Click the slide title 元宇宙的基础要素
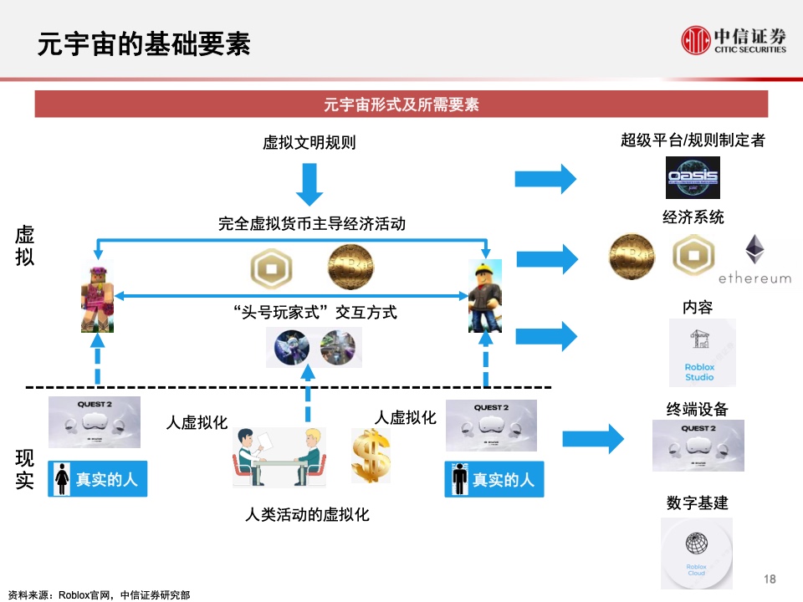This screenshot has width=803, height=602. click(143, 43)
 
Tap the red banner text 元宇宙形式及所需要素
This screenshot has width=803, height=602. click(401, 105)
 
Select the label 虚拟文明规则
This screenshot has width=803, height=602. click(309, 142)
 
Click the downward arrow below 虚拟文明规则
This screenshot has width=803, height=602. click(309, 184)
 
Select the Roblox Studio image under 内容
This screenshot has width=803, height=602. click(702, 352)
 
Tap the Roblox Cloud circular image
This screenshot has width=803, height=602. click(696, 553)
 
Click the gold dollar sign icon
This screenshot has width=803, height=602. click(370, 456)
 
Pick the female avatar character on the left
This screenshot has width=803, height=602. click(96, 295)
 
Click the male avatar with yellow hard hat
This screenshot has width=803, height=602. click(484, 295)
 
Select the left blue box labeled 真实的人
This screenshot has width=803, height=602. click(97, 479)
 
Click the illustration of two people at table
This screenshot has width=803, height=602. click(279, 457)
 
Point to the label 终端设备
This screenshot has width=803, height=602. click(697, 409)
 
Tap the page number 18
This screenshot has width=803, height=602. click(770, 579)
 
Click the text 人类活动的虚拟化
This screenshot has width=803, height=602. click(307, 513)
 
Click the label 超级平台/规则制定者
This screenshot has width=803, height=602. click(693, 140)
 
